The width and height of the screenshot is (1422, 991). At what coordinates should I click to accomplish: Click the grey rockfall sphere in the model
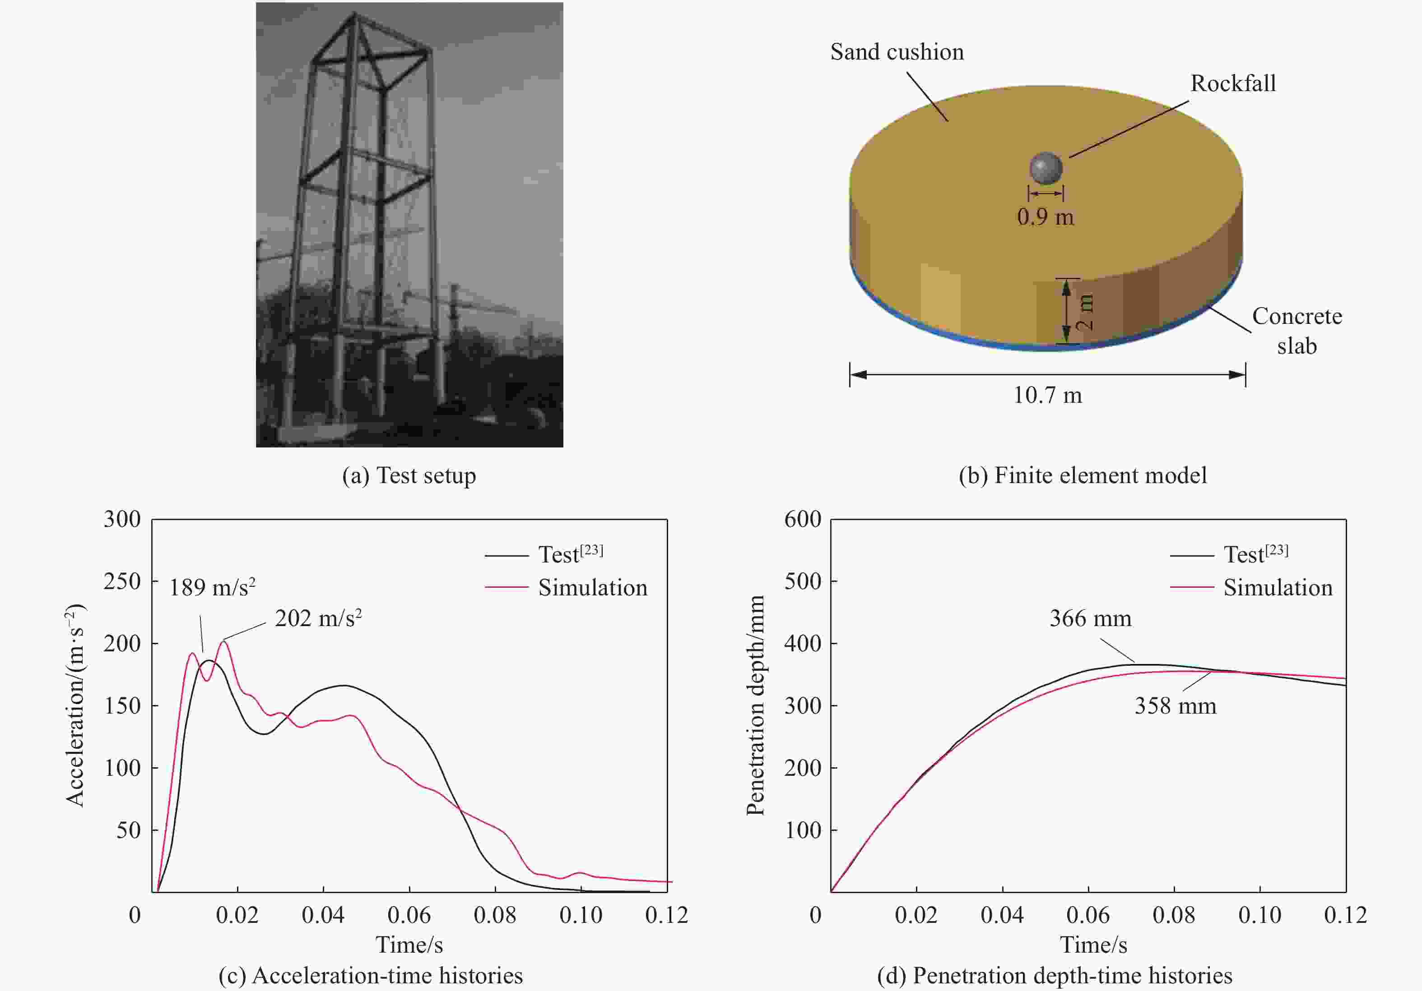point(1046,168)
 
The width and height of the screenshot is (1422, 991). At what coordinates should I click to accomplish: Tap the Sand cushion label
point(897,52)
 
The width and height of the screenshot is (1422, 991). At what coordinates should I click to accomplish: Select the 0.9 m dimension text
point(1046,217)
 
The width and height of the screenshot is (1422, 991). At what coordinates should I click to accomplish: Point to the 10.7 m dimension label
point(1047,395)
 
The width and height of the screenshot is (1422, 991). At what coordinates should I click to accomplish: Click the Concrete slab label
point(1297,331)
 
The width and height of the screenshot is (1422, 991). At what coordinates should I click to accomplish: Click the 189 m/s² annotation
point(213,587)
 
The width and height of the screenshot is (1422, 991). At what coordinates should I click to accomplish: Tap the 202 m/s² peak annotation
point(318,618)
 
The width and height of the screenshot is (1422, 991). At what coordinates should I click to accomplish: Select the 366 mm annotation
point(1090,618)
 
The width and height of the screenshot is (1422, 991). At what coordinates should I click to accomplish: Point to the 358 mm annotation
point(1175,705)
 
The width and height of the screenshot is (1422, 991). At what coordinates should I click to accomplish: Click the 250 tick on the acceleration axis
point(122,581)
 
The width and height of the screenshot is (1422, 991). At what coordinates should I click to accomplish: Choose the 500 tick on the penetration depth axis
point(803,581)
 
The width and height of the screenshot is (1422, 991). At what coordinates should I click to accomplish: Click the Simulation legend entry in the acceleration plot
point(592,587)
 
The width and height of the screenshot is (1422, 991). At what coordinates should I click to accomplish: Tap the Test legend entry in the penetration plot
point(1255,554)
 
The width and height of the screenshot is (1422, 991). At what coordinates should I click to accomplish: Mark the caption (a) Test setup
point(409,475)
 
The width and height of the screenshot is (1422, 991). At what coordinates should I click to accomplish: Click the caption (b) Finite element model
point(1083,475)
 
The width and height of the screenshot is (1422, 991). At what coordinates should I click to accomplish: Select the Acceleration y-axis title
point(75,705)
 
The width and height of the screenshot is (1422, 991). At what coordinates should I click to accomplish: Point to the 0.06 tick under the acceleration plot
point(409,915)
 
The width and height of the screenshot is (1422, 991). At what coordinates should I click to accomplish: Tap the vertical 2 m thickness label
point(1085,311)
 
